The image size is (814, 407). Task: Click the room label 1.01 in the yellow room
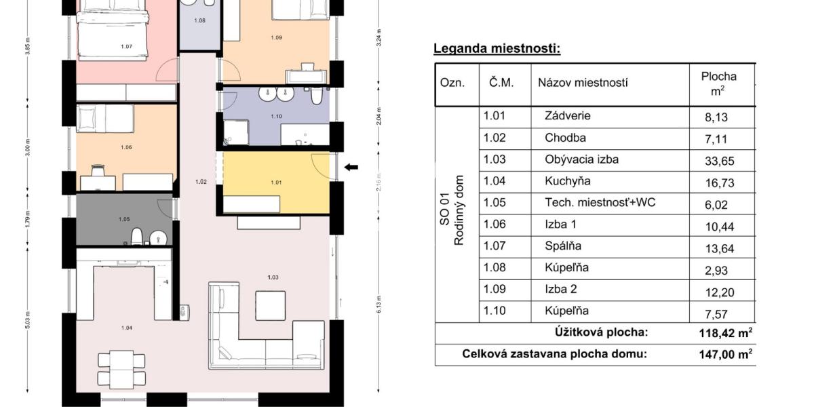click(276, 182)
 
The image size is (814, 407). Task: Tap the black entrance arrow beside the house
click(351, 168)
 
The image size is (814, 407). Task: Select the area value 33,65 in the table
click(720, 161)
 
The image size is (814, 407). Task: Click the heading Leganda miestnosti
click(497, 49)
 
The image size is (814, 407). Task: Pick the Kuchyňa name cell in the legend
click(567, 181)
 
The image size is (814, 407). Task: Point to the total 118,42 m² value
click(725, 333)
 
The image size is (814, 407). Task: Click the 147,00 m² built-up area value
click(725, 354)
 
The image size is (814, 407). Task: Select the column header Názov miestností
click(583, 83)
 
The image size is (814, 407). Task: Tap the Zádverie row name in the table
click(567, 116)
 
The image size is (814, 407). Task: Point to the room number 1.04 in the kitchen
click(126, 328)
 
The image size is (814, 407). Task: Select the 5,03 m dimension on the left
click(27, 319)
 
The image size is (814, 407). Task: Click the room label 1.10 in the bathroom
click(276, 117)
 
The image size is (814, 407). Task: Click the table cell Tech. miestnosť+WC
click(600, 203)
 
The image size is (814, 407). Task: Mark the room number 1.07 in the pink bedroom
click(126, 46)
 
